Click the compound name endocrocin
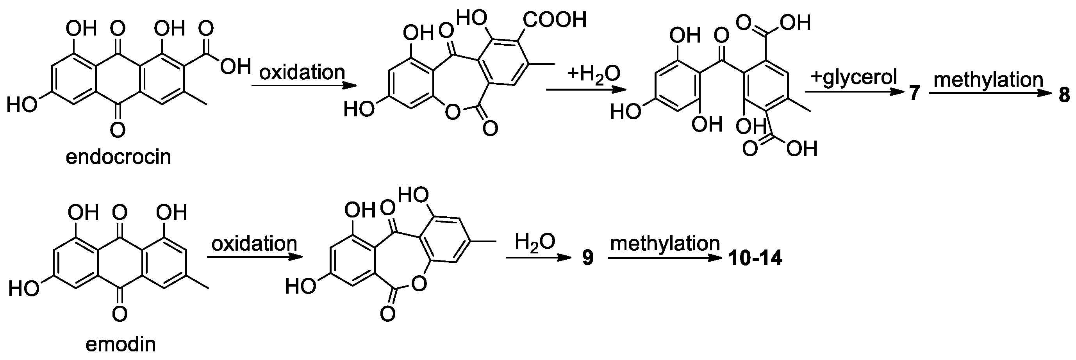pyautogui.click(x=118, y=157)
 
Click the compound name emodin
pyautogui.click(x=121, y=344)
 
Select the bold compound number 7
pyautogui.click(x=914, y=94)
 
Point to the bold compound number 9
pyautogui.click(x=588, y=258)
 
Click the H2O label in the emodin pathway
pyautogui.click(x=535, y=242)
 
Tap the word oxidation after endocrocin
pyautogui.click(x=302, y=72)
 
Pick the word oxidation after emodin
pyautogui.click(x=254, y=243)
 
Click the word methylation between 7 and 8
pyautogui.click(x=988, y=79)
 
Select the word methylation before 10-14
pyautogui.click(x=665, y=244)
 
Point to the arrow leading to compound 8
pyautogui.click(x=994, y=94)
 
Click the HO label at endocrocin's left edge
pyautogui.click(x=22, y=104)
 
